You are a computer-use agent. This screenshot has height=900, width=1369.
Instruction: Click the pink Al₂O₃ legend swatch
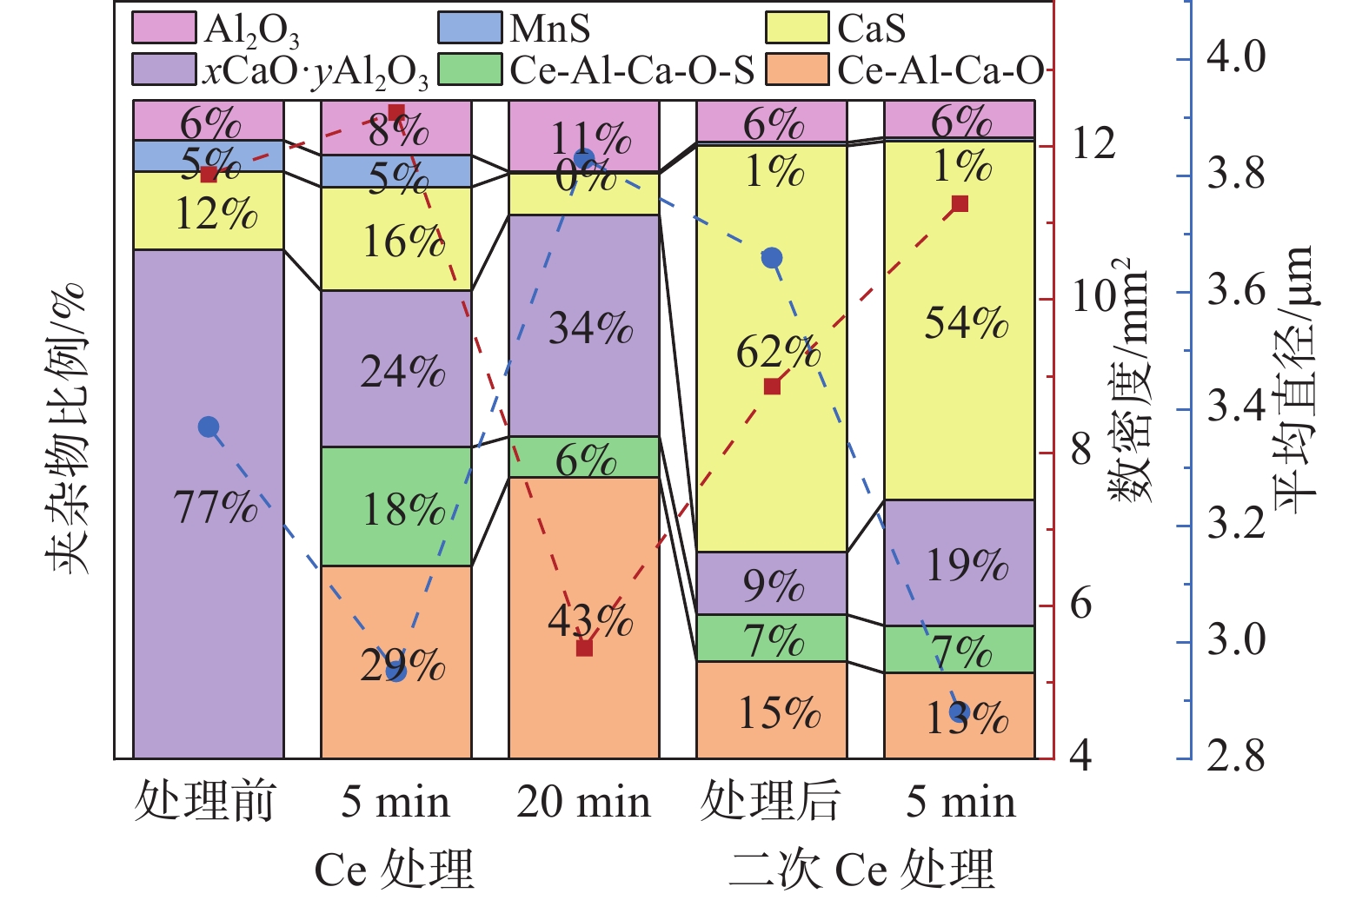[163, 28]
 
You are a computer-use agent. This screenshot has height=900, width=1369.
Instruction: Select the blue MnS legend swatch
[470, 28]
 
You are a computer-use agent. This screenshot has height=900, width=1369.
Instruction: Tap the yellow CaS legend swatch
[797, 28]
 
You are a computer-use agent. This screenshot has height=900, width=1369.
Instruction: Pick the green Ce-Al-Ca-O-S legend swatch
[470, 69]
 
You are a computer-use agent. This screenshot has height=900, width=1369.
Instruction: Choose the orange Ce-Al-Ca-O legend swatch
[797, 69]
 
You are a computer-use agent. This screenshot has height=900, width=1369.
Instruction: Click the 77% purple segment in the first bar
[209, 521]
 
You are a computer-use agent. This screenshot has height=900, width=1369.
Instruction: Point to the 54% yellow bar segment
[960, 365]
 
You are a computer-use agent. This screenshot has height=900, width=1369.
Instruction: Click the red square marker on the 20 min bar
[585, 648]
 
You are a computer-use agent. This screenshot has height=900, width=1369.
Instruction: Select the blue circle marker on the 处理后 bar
[772, 258]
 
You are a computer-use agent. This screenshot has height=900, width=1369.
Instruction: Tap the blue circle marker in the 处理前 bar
[209, 427]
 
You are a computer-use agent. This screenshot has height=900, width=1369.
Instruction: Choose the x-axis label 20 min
[583, 802]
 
